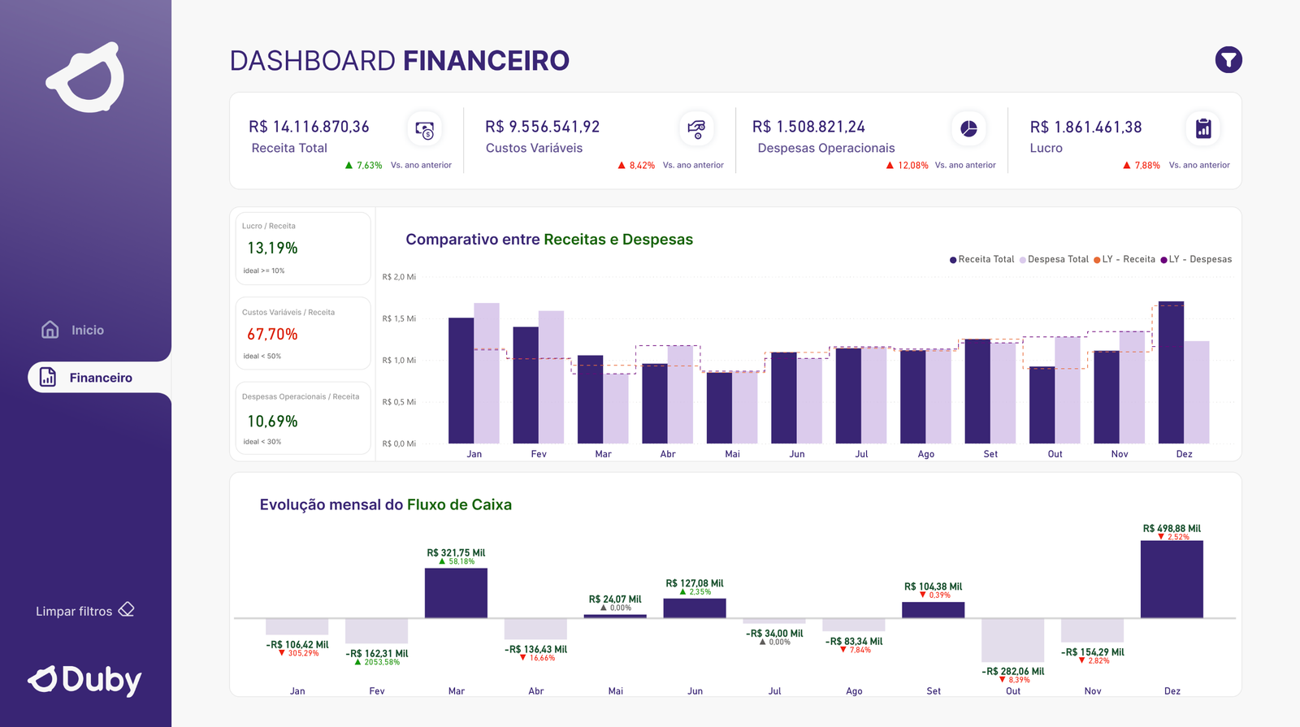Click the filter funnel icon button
point(1228,60)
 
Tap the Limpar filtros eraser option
point(84,611)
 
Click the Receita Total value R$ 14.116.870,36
point(309,127)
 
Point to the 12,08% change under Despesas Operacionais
point(912,165)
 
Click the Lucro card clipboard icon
point(1203,128)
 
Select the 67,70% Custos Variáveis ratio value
point(272,334)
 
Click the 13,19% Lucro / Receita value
point(272,248)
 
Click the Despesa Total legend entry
point(1054,259)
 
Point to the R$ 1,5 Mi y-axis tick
point(399,318)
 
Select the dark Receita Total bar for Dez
point(1171,374)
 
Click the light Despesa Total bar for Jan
point(487,374)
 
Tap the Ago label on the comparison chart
point(925,454)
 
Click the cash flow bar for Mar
point(456,593)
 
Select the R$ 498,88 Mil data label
point(1172,528)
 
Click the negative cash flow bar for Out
point(1012,640)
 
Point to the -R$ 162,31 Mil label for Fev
point(377,653)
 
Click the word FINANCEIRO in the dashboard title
point(486,61)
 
